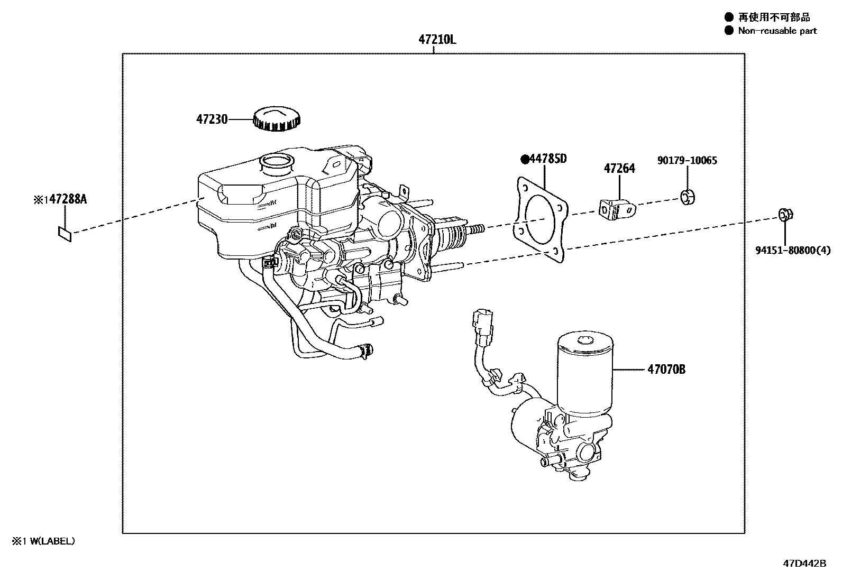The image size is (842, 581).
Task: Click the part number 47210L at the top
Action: tap(437, 39)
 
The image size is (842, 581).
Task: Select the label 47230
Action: tap(212, 119)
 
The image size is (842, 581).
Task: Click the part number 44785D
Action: tap(548, 158)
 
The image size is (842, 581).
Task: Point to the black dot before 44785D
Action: tap(525, 159)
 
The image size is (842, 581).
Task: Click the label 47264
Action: tap(619, 169)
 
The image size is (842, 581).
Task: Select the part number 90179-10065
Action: tap(687, 160)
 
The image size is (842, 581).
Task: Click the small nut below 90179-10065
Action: tap(687, 198)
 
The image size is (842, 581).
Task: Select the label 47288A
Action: tap(63, 199)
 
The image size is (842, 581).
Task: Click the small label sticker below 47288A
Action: tap(65, 233)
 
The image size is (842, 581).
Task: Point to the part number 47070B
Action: tap(666, 370)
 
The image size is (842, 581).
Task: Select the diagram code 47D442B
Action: tap(804, 563)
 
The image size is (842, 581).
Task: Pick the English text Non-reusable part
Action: tap(777, 31)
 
